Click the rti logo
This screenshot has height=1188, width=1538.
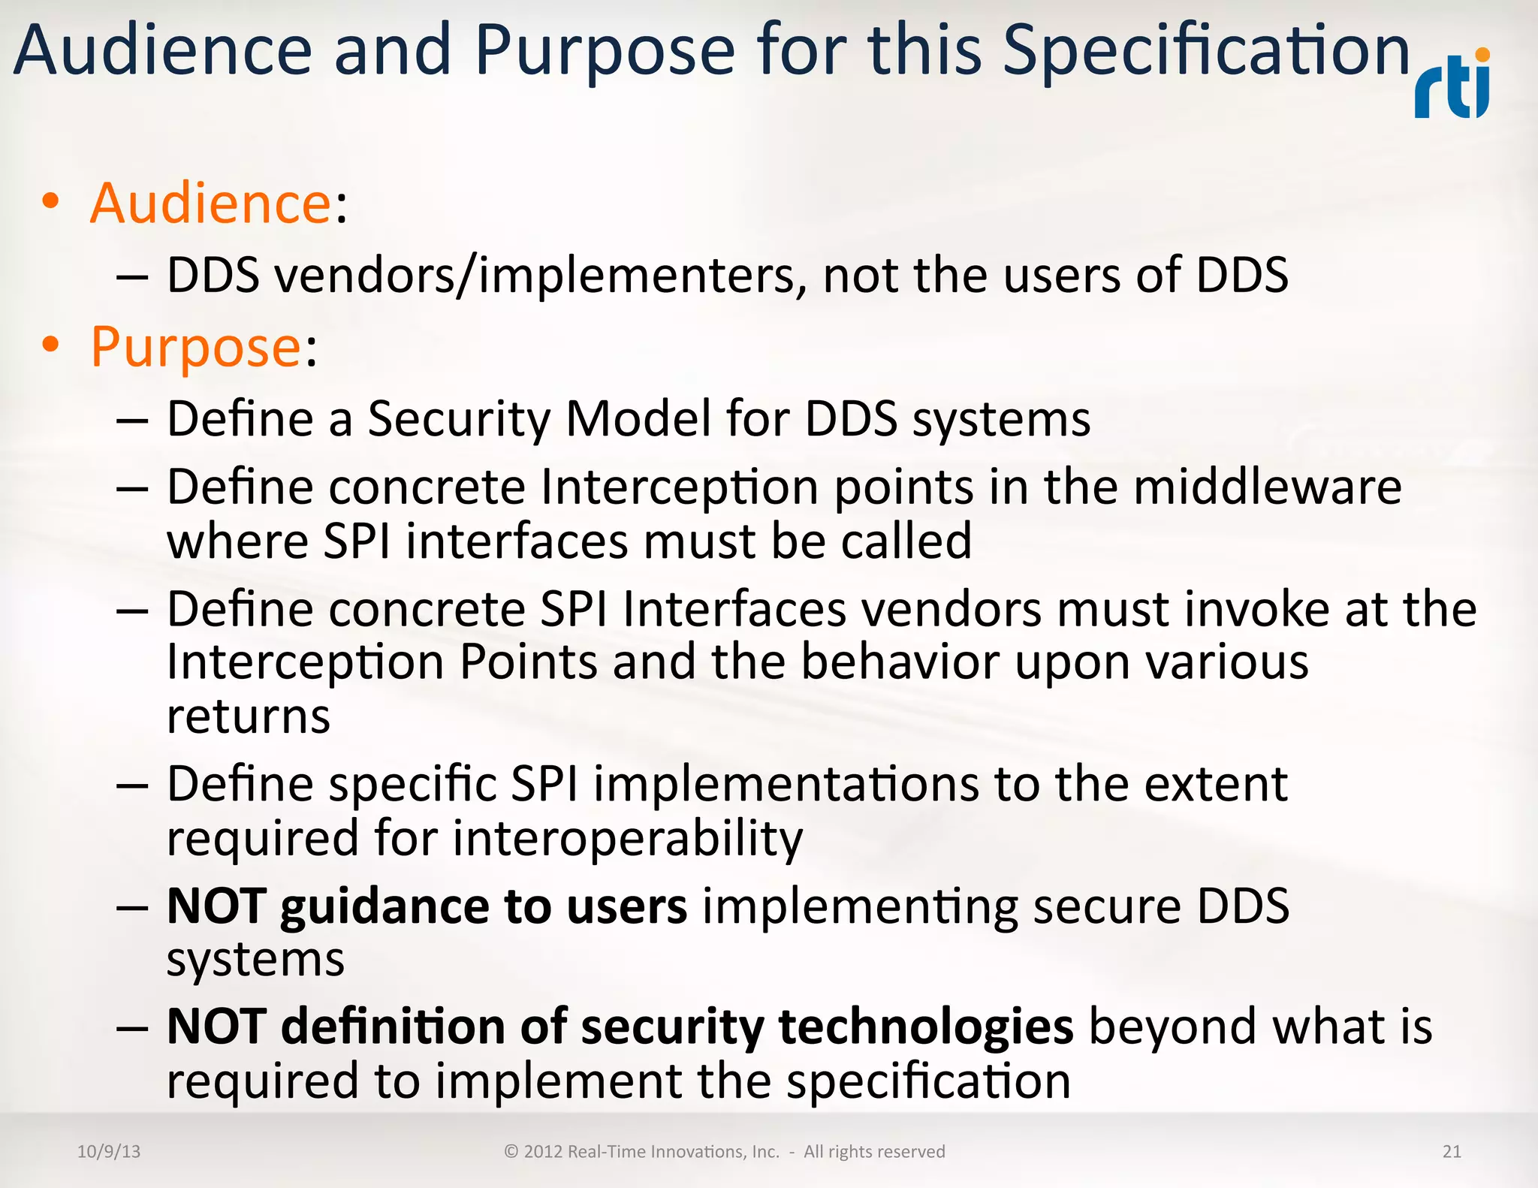click(x=1452, y=86)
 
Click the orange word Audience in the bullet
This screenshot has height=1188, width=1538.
click(x=210, y=204)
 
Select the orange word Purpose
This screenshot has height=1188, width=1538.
click(x=196, y=347)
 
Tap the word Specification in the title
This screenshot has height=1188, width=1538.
click(x=1206, y=51)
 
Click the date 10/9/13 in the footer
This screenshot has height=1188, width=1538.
click(x=109, y=1151)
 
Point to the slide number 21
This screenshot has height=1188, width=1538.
click(x=1452, y=1151)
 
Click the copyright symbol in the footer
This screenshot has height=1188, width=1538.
click(x=511, y=1151)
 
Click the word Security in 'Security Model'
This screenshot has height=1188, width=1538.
click(x=459, y=419)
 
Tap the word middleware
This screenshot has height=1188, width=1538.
click(x=1268, y=487)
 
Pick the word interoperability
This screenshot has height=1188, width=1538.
click(x=627, y=839)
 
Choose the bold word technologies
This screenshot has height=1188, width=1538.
click(x=926, y=1027)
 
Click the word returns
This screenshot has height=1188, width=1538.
click(x=249, y=716)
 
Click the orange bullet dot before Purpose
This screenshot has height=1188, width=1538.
click(x=50, y=345)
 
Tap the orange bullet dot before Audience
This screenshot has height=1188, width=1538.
click(x=50, y=201)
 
